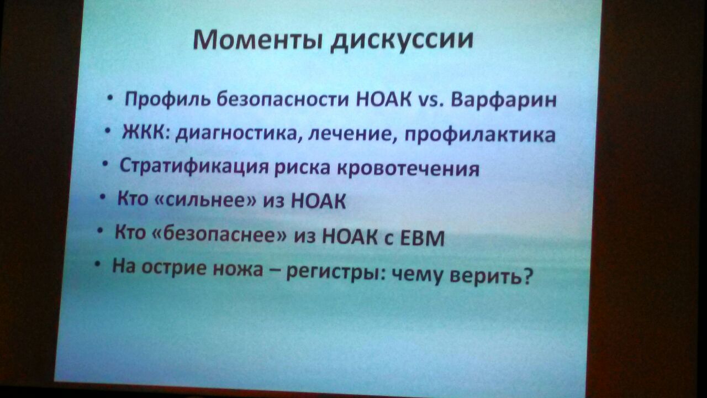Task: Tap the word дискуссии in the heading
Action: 402,41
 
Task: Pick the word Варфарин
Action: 504,101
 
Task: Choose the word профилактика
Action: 480,136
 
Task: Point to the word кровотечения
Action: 408,169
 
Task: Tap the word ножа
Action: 238,269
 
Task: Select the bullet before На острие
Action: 98,264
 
